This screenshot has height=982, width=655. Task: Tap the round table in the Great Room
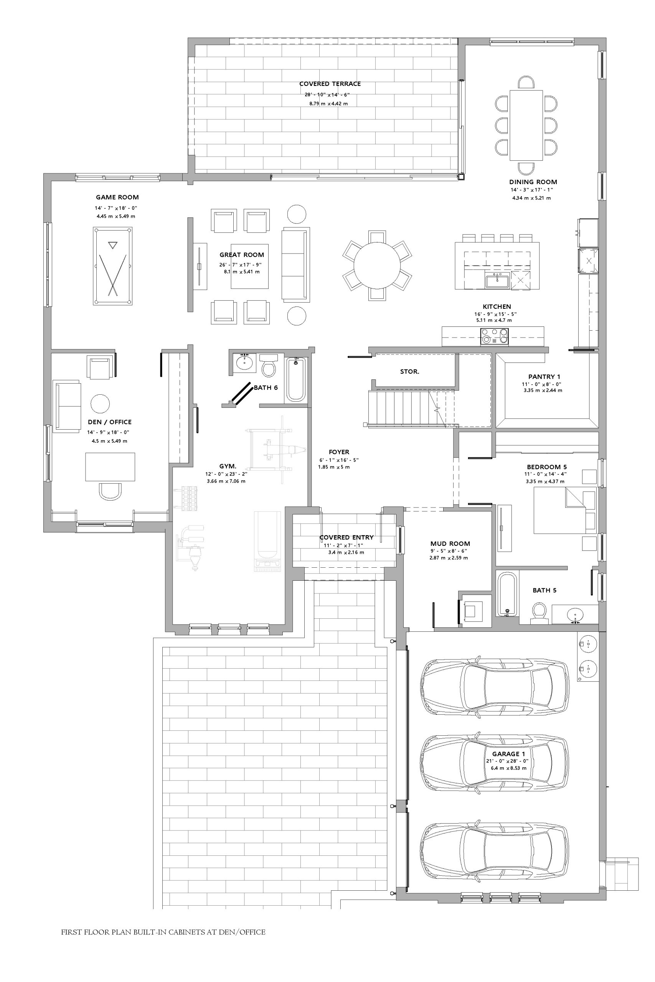377,265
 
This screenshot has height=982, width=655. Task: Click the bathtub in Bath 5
507,594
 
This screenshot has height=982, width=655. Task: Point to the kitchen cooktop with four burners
495,336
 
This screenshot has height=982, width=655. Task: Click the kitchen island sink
497,281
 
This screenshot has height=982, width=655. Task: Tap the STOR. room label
409,372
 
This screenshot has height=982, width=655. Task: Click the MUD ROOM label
450,544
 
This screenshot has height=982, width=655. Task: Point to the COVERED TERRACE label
330,84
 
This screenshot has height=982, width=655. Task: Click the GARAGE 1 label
508,754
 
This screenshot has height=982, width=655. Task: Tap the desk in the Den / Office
110,467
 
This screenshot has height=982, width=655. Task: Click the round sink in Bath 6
244,363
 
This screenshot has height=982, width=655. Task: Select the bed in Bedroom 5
565,510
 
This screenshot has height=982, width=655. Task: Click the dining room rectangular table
526,125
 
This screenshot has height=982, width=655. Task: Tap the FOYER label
339,452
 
